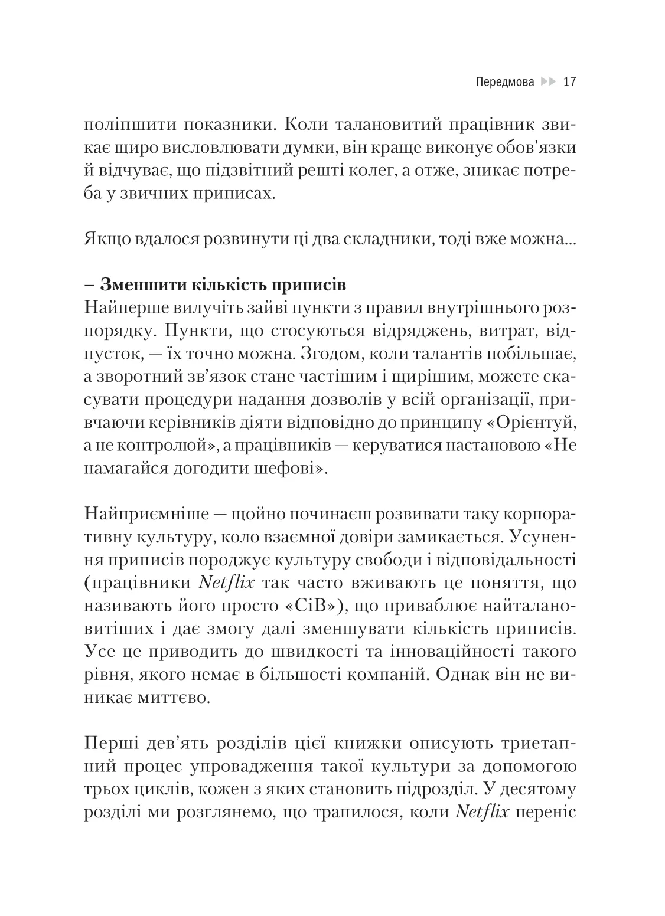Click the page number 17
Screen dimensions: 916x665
pyautogui.click(x=570, y=81)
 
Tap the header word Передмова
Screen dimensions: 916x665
pyautogui.click(x=504, y=81)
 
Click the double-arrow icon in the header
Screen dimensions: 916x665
pyautogui.click(x=549, y=81)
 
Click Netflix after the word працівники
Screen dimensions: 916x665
pyautogui.click(x=227, y=583)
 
